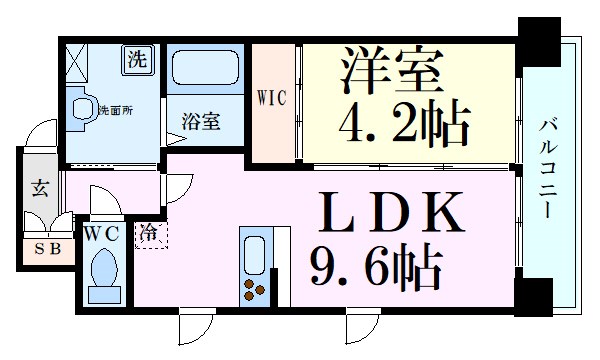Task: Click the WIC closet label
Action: coord(272,99)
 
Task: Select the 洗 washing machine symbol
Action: coord(137,59)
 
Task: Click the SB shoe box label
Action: coord(45,248)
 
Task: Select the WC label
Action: coord(101,233)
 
